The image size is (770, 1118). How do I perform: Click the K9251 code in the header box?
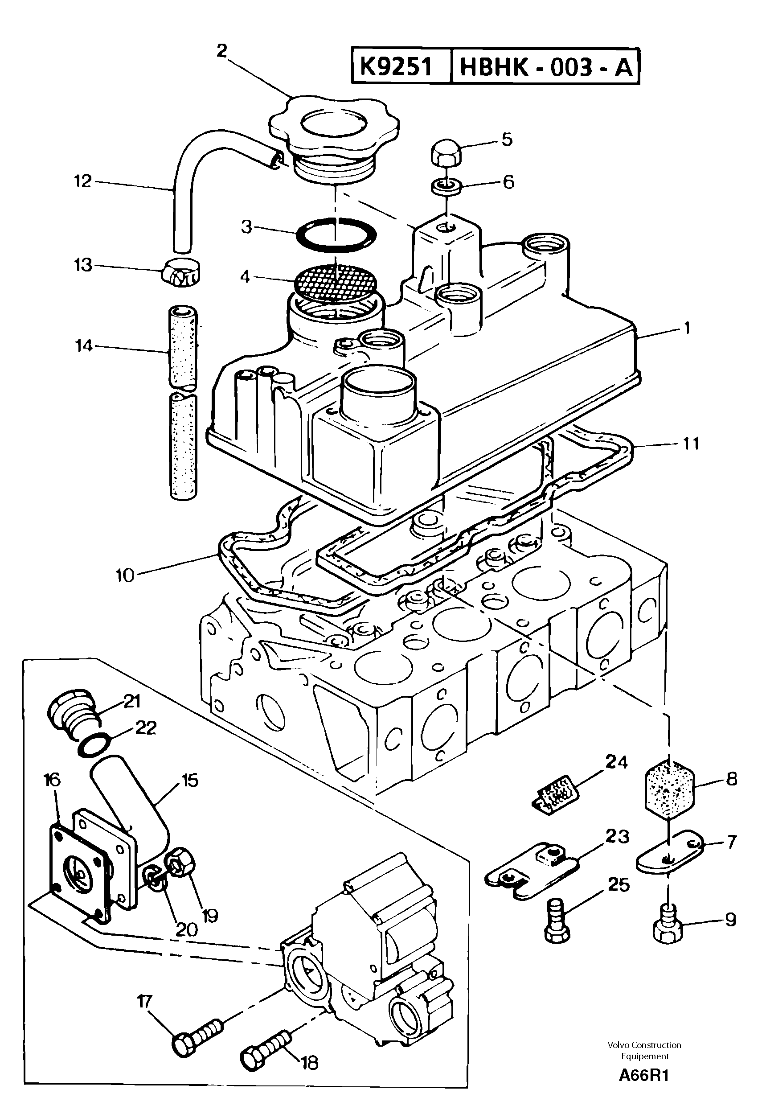pyautogui.click(x=396, y=66)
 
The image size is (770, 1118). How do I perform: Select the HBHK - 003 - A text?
pyautogui.click(x=545, y=67)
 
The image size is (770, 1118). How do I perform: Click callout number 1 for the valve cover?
pyautogui.click(x=687, y=329)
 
